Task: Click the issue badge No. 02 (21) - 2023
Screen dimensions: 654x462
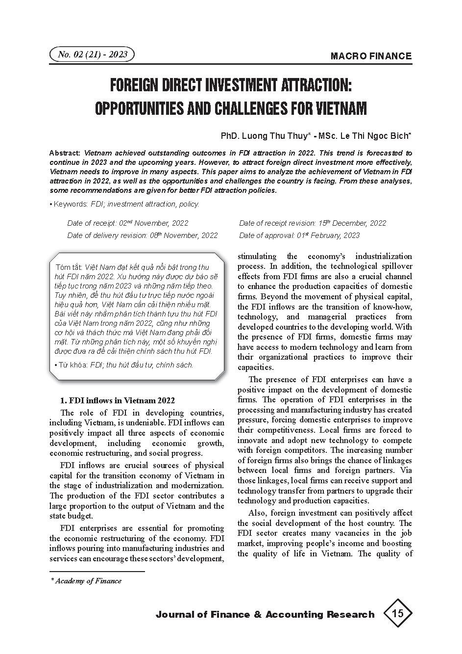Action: (x=92, y=54)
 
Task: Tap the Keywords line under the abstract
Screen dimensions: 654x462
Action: (x=124, y=204)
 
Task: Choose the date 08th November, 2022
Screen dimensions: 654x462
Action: (x=183, y=235)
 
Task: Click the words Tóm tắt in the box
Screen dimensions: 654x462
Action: (x=70, y=267)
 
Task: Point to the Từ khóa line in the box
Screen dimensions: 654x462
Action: (x=125, y=365)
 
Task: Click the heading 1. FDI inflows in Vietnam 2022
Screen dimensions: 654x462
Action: (x=117, y=401)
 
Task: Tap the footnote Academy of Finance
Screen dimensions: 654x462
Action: (x=88, y=581)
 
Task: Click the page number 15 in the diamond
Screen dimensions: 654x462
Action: (x=397, y=613)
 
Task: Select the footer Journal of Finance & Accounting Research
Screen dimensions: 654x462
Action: (x=265, y=614)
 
